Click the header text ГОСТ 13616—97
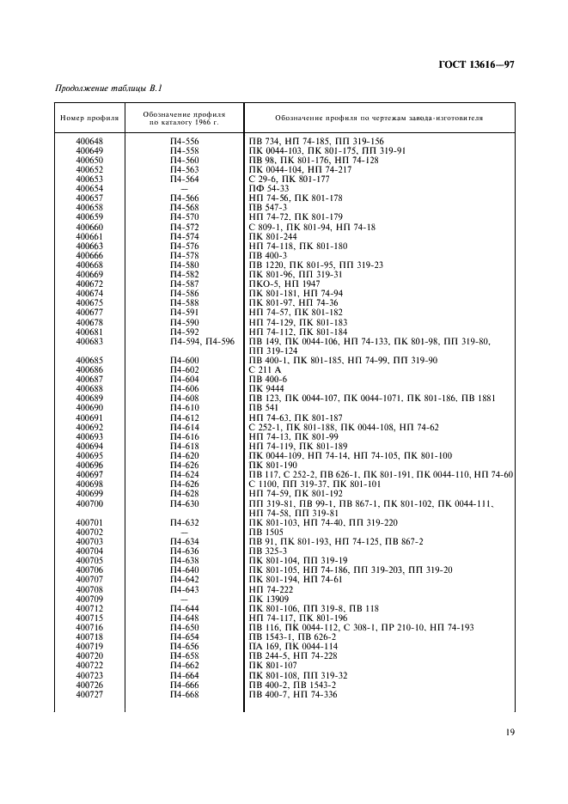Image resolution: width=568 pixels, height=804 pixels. coord(475,65)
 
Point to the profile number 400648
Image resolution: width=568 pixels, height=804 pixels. coord(89,141)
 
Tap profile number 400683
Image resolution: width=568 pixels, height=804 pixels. coord(89,342)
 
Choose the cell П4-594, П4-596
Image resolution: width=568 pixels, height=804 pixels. coord(202,342)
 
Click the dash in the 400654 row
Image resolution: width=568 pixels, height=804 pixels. coord(185,188)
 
